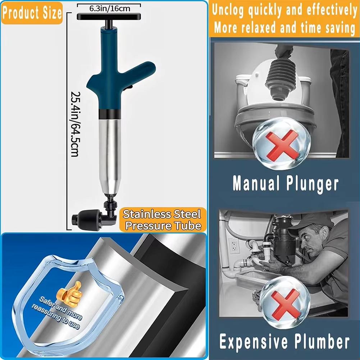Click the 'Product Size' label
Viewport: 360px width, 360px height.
point(32,13)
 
